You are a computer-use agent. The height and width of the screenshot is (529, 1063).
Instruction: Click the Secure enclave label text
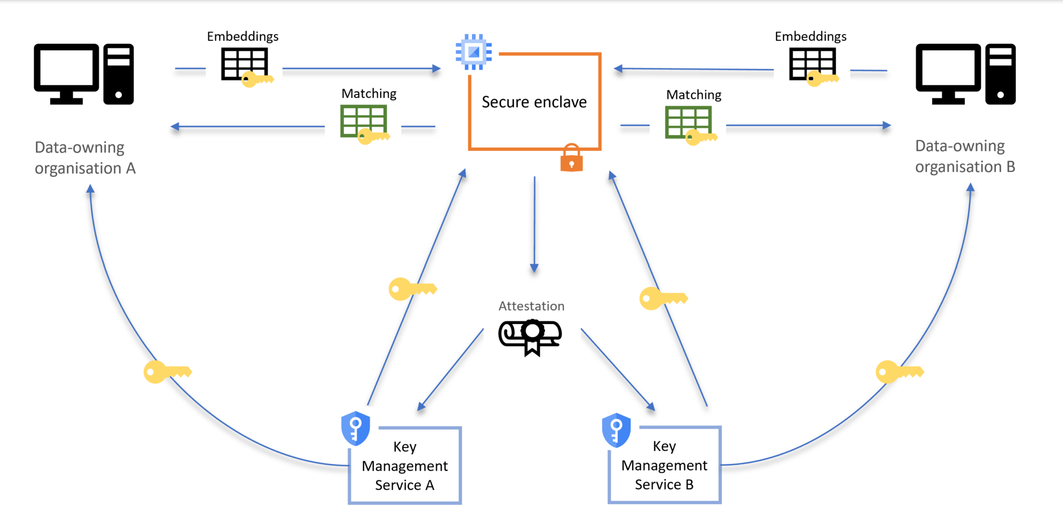point(534,102)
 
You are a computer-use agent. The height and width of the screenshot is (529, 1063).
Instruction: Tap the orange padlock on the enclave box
point(571,158)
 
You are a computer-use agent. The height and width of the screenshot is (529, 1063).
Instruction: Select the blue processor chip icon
point(473,52)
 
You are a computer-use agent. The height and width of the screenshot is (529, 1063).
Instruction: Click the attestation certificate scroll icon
point(530,336)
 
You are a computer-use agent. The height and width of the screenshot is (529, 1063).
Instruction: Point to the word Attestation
point(531,306)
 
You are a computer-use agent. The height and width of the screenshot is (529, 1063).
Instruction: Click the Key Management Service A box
point(405,466)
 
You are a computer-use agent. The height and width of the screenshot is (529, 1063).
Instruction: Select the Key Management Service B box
point(664,465)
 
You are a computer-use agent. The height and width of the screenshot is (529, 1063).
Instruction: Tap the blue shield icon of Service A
point(356,428)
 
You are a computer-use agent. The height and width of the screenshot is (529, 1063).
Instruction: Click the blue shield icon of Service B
point(616,430)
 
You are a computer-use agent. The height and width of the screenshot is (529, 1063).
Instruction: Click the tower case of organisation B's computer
point(1000,74)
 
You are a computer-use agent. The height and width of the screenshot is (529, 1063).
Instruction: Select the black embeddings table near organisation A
point(244,63)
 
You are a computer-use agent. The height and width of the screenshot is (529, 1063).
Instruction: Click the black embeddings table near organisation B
point(812,63)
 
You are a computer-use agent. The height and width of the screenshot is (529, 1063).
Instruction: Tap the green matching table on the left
point(363,120)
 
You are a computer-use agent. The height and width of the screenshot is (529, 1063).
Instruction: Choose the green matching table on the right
point(688,122)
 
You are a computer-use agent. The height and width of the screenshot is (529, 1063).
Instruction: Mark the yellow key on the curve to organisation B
point(899,372)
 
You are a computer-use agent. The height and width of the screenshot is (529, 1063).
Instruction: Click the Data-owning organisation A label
point(85,158)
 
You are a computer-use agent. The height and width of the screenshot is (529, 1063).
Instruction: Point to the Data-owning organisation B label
point(964,156)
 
